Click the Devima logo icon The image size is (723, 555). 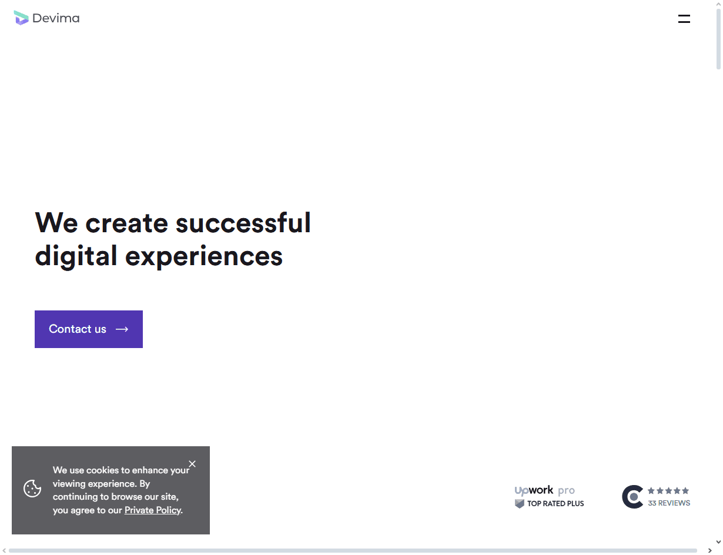point(21,18)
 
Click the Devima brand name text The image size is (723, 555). point(56,18)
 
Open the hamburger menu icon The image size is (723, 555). point(684,19)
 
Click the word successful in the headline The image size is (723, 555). point(243,223)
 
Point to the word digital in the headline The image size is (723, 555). point(76,256)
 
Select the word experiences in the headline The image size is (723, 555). point(203,257)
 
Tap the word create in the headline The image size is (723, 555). point(127,223)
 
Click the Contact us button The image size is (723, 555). point(89,329)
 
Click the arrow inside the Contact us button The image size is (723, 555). point(122,329)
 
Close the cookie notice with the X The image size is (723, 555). point(192,464)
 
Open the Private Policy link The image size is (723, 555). point(153,510)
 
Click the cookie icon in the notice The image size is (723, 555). point(32,489)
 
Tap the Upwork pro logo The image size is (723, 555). point(545,490)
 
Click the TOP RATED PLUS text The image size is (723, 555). point(555,503)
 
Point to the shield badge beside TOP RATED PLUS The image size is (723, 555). point(520,503)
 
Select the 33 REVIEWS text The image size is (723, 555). point(669,503)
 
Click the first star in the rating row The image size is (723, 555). point(651,490)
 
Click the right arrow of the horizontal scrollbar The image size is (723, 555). point(709,551)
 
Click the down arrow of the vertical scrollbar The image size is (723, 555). point(718,542)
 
